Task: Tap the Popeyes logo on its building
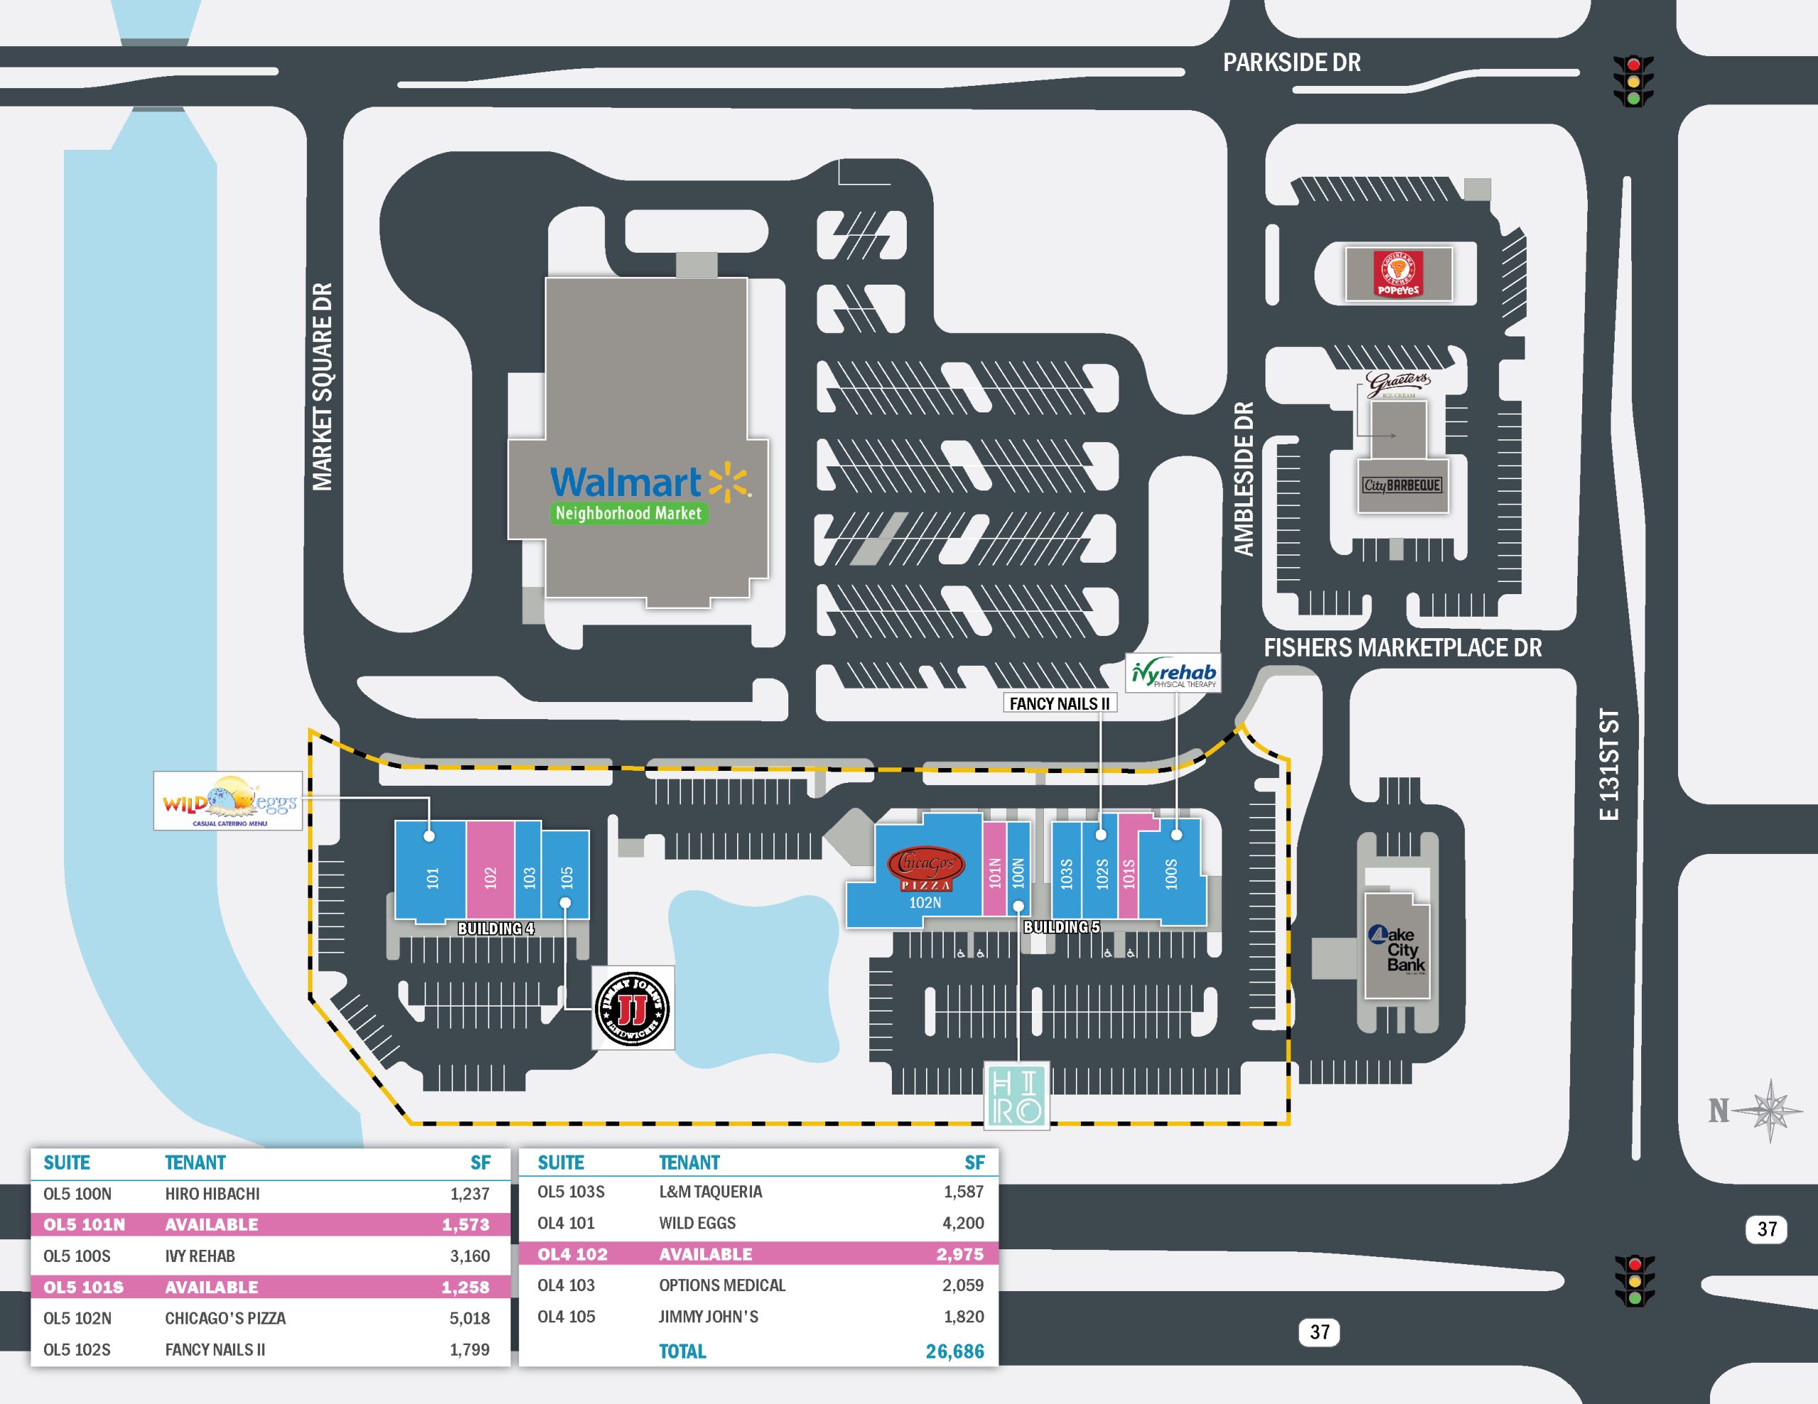[x=1398, y=274]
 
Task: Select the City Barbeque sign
[x=1402, y=486]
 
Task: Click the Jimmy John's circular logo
[x=633, y=1008]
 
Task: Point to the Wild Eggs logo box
[x=227, y=801]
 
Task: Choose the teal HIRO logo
[x=1016, y=1095]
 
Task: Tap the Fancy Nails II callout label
[x=1059, y=703]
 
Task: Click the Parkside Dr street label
[x=1291, y=62]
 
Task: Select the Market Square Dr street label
[x=322, y=387]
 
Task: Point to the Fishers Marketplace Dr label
[x=1403, y=647]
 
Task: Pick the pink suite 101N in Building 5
[x=995, y=870]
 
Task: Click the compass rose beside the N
[x=1771, y=1110]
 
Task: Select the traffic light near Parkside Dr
[x=1633, y=81]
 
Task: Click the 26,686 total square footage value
[x=954, y=1351]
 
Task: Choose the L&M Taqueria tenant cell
[x=710, y=1192]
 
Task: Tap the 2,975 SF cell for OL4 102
[x=960, y=1254]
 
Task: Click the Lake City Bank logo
[x=1398, y=949]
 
